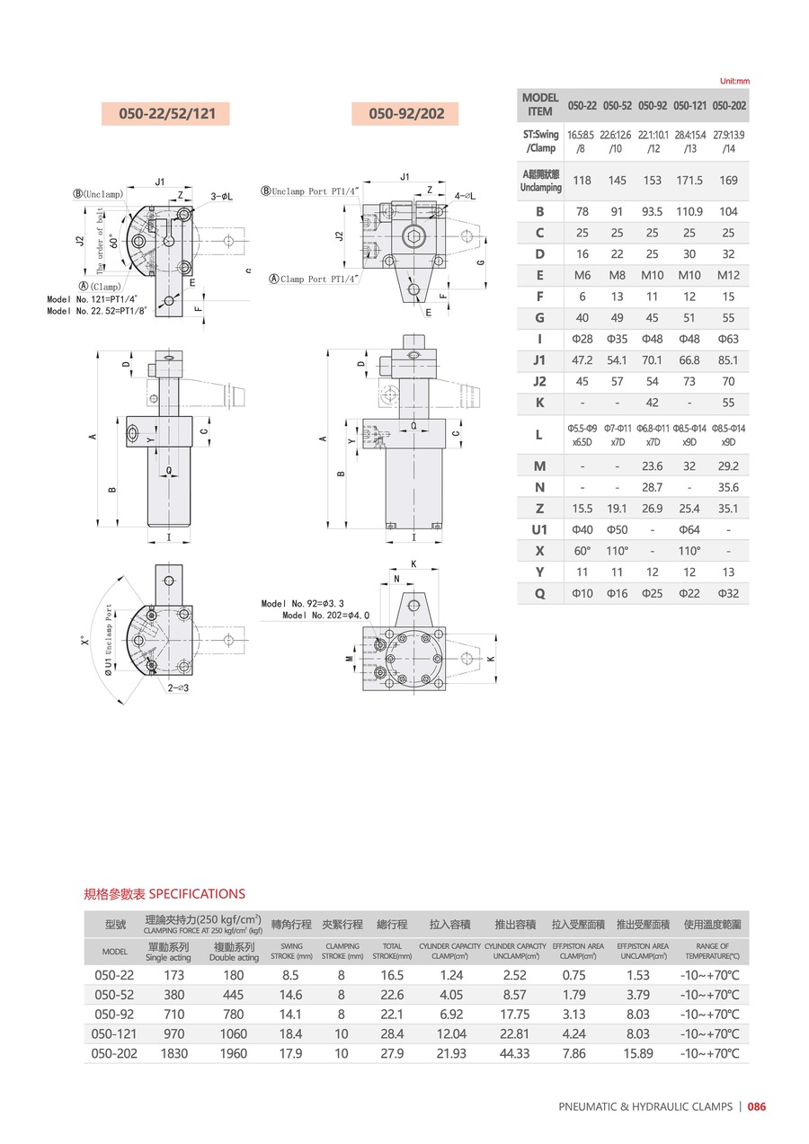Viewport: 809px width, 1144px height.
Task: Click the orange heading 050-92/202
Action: [406, 114]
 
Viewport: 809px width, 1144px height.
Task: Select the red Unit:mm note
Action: [734, 81]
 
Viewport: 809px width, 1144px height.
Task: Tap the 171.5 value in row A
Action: [689, 181]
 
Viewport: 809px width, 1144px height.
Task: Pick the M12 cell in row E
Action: [728, 275]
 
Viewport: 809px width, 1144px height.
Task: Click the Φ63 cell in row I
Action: [728, 339]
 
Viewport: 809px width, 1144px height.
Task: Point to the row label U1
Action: [539, 529]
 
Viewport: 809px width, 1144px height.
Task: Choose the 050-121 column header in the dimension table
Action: [689, 105]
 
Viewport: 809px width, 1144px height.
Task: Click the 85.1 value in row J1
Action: [728, 360]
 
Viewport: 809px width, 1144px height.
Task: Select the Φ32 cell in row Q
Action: [728, 593]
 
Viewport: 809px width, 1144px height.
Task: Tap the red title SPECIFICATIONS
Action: [197, 893]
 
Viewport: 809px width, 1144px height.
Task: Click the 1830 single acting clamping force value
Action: [174, 1053]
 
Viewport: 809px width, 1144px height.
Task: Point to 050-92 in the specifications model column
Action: [114, 1014]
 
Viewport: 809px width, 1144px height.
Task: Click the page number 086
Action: [757, 1107]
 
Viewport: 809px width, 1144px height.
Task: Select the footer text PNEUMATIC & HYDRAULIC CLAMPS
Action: [645, 1107]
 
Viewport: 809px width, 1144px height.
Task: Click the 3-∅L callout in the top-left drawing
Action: [224, 196]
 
